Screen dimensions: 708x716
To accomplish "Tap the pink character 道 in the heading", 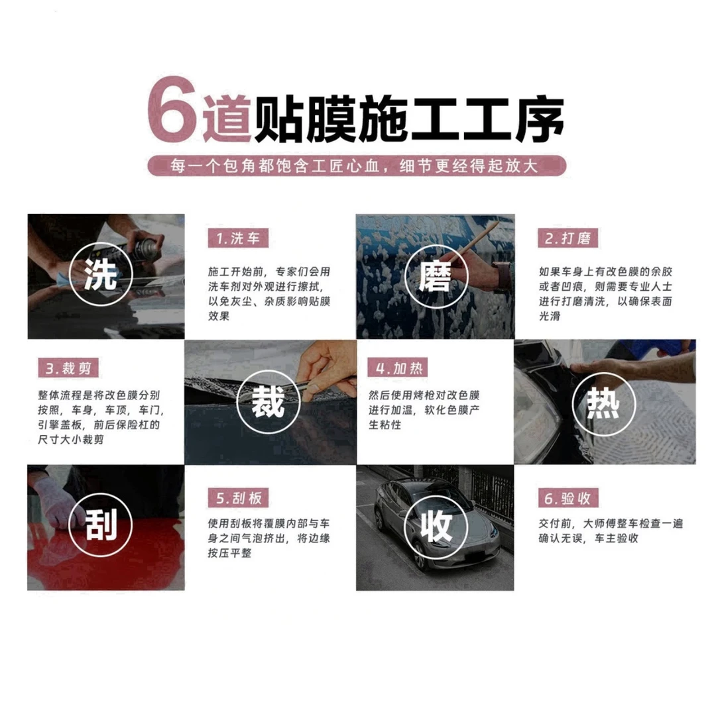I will coord(225,118).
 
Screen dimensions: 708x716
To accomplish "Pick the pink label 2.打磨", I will coord(564,238).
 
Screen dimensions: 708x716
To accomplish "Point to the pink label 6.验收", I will coord(564,498).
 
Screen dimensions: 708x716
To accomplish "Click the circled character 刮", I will coord(101,527).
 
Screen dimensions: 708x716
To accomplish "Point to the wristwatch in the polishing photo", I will coord(502,276).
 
